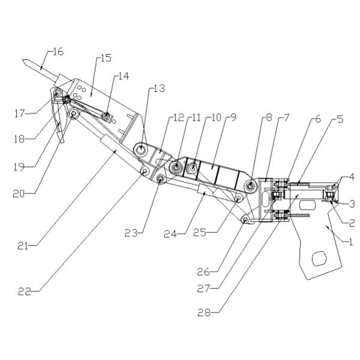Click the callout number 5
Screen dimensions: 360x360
[x=340, y=118]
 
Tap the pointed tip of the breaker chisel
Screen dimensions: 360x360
[x=21, y=61]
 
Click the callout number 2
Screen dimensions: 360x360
[x=352, y=222]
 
